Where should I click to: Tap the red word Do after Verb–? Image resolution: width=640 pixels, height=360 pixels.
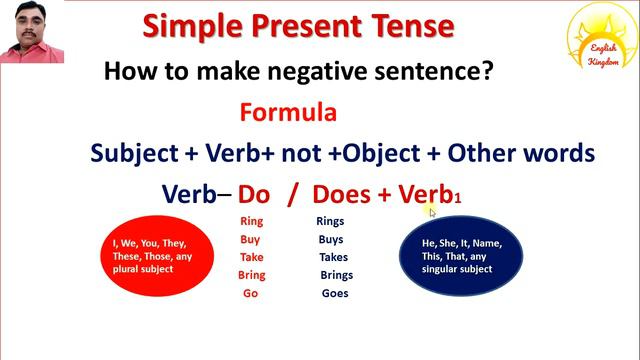point(254,194)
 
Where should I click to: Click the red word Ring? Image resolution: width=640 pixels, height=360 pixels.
point(251,221)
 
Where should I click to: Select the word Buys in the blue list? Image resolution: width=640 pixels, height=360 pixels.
point(329,239)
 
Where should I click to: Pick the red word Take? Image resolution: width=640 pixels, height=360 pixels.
point(252,257)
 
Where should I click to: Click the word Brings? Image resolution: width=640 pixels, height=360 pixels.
point(336,275)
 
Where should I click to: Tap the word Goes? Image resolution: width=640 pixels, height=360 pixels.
point(335,293)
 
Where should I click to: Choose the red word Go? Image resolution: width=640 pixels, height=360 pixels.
point(250,293)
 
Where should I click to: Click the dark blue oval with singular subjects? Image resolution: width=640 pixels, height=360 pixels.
point(460,255)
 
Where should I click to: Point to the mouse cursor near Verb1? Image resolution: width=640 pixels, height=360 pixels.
point(433,212)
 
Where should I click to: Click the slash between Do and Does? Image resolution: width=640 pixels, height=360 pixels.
point(292,194)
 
